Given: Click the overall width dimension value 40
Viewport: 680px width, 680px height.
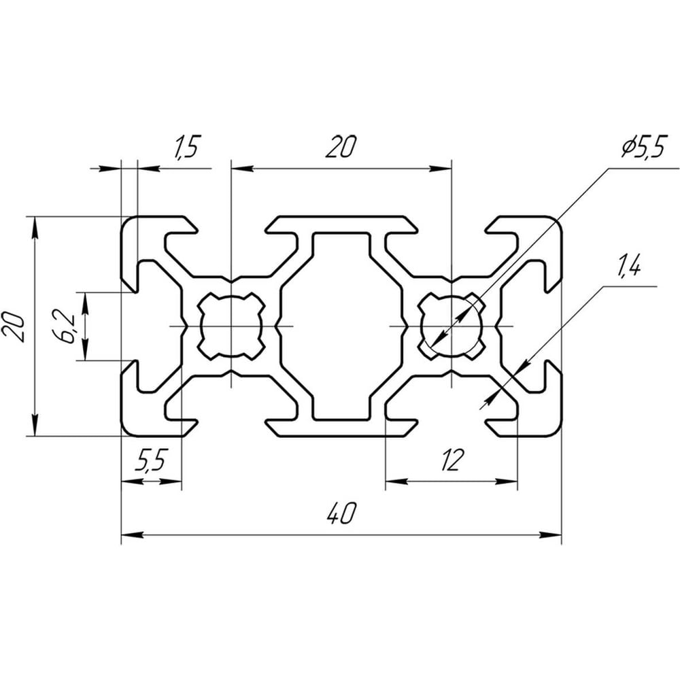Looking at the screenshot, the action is click(x=342, y=513).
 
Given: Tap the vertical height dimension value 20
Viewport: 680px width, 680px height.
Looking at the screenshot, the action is click(x=13, y=326).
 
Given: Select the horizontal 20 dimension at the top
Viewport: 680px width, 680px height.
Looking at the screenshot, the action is click(x=341, y=147).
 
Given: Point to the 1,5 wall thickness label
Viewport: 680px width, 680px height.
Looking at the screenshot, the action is click(x=186, y=147).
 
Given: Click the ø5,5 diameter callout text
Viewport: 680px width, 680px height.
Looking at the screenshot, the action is click(x=643, y=148).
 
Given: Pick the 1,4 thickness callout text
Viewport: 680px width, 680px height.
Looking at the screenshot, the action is click(x=628, y=267).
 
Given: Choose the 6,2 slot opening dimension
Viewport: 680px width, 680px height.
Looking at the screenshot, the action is click(x=65, y=326).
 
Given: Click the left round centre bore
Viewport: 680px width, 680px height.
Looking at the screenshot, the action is click(x=232, y=326).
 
